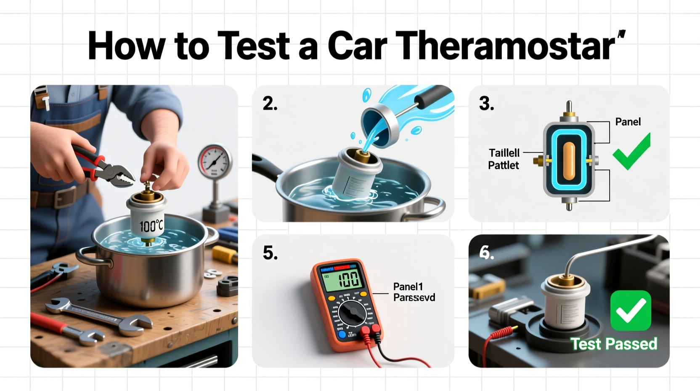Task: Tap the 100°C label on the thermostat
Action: pos(151,226)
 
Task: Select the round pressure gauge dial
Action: pos(215,162)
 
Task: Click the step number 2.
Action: pos(270,104)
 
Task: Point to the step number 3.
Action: pos(486,104)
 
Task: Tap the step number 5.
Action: pos(270,253)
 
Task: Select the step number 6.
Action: pos(486,252)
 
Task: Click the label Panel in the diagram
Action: pos(628,122)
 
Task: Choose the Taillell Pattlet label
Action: pos(504,159)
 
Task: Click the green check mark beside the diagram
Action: pos(631,152)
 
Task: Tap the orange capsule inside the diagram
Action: pos(568,160)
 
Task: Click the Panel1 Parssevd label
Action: pos(414,292)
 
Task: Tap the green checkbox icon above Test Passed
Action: pos(630,311)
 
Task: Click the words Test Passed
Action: pos(614,344)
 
